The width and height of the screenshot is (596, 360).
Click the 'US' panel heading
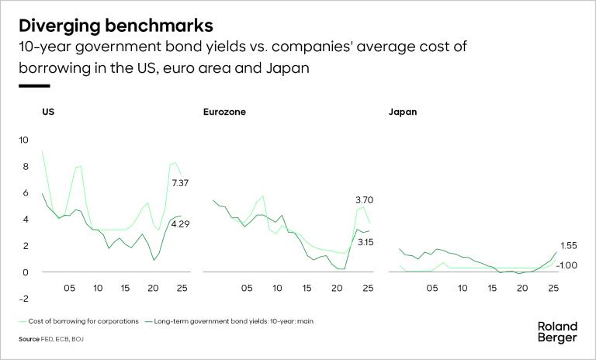tap(48, 112)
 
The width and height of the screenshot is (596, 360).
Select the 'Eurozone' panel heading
tap(224, 112)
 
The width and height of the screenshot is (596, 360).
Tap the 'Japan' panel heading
tap(402, 112)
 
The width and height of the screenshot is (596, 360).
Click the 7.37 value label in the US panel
tap(180, 183)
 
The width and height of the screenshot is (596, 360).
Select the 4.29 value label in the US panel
tap(180, 225)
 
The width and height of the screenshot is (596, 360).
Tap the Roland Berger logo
tap(556, 331)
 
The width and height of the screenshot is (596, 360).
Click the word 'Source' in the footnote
tap(29, 340)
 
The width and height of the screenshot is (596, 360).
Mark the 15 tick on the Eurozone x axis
tap(307, 288)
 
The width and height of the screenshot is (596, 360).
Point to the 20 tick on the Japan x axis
tap(521, 288)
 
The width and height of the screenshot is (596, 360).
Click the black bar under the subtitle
tap(34, 86)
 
